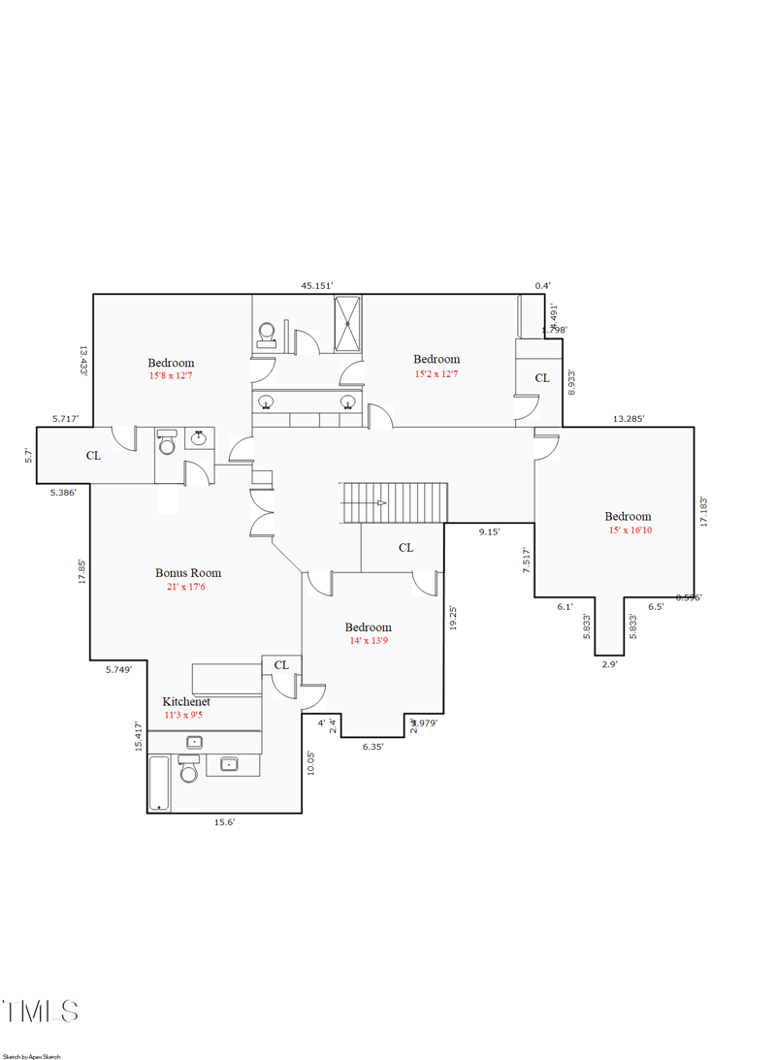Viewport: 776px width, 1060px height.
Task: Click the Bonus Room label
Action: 188,573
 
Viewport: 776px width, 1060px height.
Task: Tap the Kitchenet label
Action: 186,701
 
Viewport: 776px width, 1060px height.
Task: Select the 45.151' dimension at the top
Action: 316,286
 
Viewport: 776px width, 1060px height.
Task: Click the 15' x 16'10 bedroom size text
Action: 630,530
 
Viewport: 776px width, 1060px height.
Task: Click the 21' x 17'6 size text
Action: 186,587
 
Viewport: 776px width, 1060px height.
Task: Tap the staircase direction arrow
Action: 381,502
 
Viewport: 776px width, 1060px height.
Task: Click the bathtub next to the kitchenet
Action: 159,783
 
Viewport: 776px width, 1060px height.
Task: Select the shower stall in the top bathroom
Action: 348,323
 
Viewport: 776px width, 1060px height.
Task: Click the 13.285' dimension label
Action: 629,419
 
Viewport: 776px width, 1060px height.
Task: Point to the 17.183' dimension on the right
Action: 704,510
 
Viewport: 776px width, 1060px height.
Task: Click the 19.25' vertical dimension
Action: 453,619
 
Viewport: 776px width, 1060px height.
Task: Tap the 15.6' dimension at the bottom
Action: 224,822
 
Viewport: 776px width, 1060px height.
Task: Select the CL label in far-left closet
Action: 93,455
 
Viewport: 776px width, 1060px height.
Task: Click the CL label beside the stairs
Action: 405,548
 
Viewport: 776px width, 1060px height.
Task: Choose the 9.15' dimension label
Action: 489,531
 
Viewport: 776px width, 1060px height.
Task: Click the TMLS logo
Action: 41,1012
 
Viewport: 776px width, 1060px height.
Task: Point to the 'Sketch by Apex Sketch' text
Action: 32,1056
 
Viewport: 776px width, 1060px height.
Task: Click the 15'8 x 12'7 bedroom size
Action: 171,375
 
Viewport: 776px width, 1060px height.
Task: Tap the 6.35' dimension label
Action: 372,747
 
